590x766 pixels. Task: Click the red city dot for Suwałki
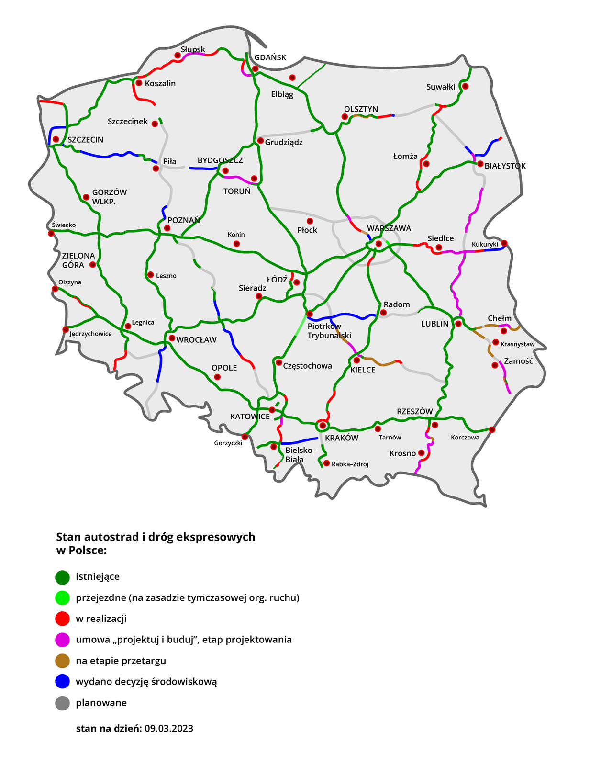465,86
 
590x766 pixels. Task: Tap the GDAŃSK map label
270,57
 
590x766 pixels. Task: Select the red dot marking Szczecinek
155,124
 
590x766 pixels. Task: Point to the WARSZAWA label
389,228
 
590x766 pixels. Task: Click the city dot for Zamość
494,365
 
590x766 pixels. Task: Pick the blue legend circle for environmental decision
63,682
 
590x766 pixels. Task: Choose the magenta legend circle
63,640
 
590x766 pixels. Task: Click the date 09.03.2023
169,728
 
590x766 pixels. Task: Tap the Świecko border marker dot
51,233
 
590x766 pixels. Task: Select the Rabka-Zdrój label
350,464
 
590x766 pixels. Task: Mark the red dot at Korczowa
492,429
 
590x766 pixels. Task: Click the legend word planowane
101,703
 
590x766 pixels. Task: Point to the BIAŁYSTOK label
505,166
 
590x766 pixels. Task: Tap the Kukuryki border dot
504,243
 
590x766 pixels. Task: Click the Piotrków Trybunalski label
329,331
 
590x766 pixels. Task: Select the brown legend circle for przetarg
63,661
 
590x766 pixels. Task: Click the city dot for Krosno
421,452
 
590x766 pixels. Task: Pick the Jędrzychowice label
90,334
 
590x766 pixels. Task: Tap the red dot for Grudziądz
260,141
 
